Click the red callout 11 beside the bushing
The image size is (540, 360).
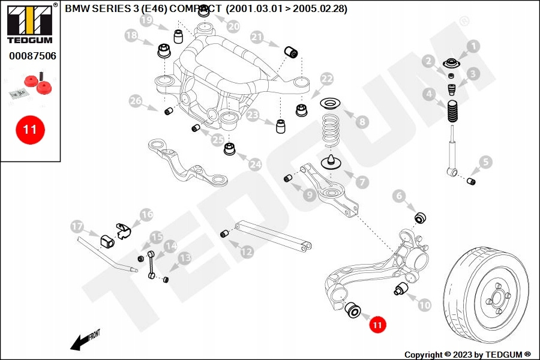[x=377, y=325]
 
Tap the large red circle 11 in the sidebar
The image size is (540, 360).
[x=30, y=129]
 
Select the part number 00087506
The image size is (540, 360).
[x=32, y=56]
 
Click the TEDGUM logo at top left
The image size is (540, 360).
[x=29, y=23]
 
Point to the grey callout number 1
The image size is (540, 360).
[x=473, y=46]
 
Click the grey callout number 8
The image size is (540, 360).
[x=361, y=122]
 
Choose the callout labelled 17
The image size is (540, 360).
[x=77, y=227]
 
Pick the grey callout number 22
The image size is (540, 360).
[x=326, y=79]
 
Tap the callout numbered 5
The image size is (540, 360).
[x=485, y=161]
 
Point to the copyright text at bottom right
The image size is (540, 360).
[x=467, y=355]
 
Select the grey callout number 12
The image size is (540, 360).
[x=247, y=252]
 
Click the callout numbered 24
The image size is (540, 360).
[x=256, y=163]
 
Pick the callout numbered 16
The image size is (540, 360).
[x=147, y=214]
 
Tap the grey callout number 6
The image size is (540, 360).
[x=399, y=196]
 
